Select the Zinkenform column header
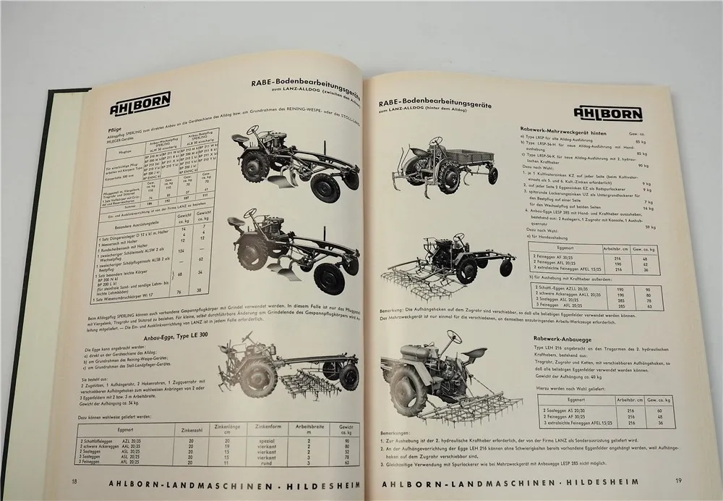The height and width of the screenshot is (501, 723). tap(260, 427)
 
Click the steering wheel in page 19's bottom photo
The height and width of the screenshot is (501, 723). tap(453, 336)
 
